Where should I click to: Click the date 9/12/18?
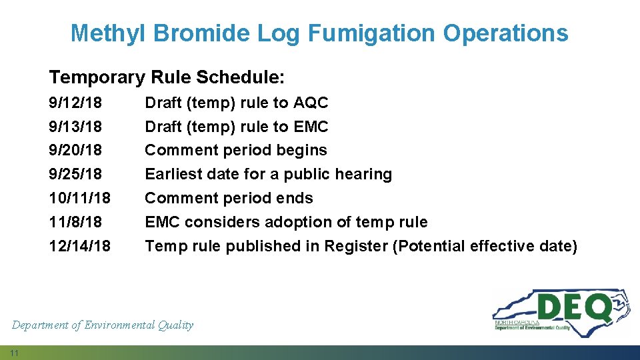tap(75, 103)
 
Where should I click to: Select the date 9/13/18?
tap(75, 127)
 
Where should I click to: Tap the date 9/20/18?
tap(75, 150)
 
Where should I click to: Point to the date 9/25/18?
tap(75, 174)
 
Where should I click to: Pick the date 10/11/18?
tap(80, 198)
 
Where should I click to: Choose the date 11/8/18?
tap(75, 222)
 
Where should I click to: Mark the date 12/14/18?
tap(80, 246)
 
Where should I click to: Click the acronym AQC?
tap(311, 103)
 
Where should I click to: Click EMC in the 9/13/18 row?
tap(311, 127)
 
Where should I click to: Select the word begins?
tap(303, 151)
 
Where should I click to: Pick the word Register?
tap(356, 246)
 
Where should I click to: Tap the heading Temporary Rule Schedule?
tap(167, 77)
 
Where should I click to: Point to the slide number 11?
tap(14, 352)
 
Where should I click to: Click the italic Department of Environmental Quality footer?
tap(103, 325)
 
